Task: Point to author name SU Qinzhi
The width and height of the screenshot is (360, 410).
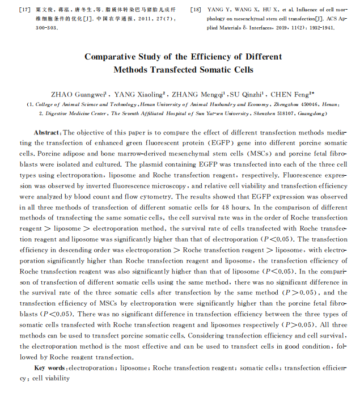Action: coord(248,94)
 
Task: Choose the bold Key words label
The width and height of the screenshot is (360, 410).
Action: coord(50,368)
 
